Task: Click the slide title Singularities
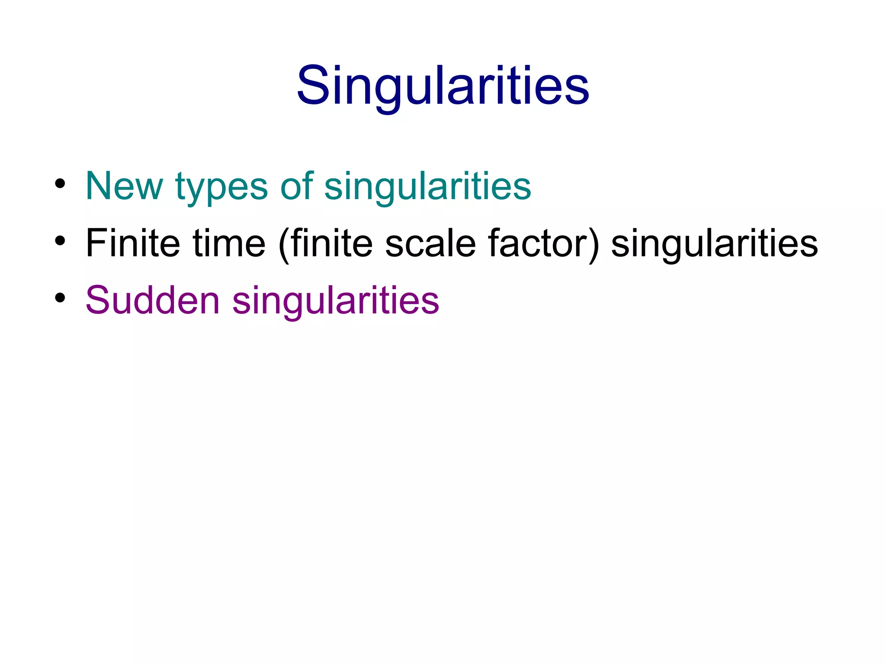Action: (x=443, y=85)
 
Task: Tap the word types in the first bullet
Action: (x=221, y=187)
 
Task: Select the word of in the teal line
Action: (x=297, y=186)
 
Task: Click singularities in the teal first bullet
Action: (x=427, y=187)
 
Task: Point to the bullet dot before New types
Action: (x=60, y=184)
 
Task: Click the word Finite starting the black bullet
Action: (x=132, y=243)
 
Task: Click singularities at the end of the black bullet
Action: (x=714, y=244)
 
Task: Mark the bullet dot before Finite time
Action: (x=60, y=241)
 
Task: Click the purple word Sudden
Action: (x=153, y=300)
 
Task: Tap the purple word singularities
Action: (x=336, y=301)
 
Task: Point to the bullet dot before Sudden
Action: (x=60, y=298)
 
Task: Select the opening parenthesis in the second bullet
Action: (x=284, y=245)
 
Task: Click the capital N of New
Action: (x=99, y=186)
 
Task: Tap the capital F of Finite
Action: (x=95, y=243)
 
